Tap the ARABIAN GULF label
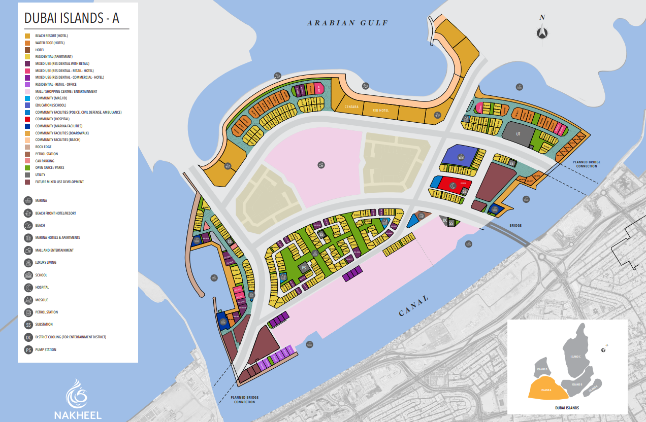click(x=347, y=23)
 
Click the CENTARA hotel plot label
click(x=352, y=107)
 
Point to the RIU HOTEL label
click(x=380, y=110)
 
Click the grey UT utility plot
click(x=518, y=133)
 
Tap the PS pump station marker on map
click(x=305, y=267)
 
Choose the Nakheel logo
click(x=78, y=398)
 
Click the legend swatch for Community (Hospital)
click(x=27, y=119)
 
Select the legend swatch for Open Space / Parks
click(x=27, y=168)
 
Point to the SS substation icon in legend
click(x=28, y=325)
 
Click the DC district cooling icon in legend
click(x=28, y=337)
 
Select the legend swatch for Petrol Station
click(x=27, y=154)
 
